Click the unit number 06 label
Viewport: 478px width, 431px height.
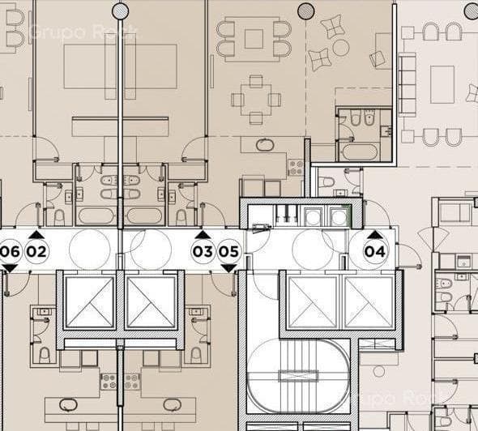coord(10,251)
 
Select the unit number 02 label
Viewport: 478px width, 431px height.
coord(37,251)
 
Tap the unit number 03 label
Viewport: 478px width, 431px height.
coord(203,251)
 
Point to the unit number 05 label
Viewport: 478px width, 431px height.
coord(229,251)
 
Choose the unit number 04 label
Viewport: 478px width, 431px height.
coord(374,251)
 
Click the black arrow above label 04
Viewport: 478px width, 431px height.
coord(374,235)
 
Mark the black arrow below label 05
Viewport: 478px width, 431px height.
coord(229,268)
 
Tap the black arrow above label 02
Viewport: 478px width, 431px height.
coord(37,235)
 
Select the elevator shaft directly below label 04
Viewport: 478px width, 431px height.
coord(369,302)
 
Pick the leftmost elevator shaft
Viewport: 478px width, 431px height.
coord(89,302)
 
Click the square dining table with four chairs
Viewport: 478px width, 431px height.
coord(255,99)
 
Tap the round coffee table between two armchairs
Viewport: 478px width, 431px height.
coord(341,48)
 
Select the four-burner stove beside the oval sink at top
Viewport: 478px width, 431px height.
coord(296,167)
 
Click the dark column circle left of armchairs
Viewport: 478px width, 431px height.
coord(305,11)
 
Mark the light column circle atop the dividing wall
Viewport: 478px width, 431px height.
coord(120,11)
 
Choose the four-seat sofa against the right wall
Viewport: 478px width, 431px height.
coord(407,90)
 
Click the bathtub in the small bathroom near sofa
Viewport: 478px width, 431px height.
coord(359,151)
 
